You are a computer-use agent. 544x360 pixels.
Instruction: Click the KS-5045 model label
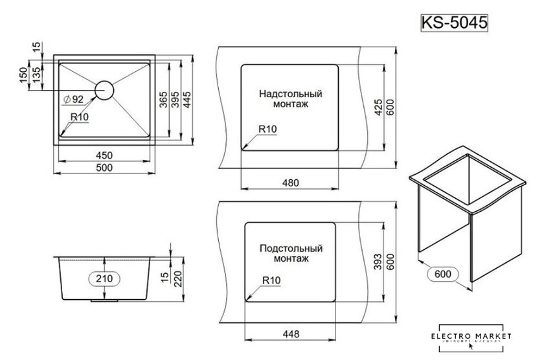pos(453,21)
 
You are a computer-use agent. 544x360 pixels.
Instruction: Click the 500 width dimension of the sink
pos(104,168)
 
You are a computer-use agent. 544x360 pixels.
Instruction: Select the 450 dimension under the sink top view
pos(104,155)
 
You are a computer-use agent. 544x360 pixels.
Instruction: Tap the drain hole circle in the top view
pos(105,89)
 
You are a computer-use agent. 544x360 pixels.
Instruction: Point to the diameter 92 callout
pos(74,99)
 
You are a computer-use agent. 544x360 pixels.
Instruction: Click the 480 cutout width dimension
pos(291,183)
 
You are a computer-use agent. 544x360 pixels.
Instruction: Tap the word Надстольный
pos(291,93)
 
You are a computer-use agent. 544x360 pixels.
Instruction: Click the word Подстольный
pos(291,247)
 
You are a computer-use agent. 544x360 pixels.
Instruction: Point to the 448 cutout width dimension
pos(291,335)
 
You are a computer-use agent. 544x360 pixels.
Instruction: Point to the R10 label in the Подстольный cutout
pos(272,282)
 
